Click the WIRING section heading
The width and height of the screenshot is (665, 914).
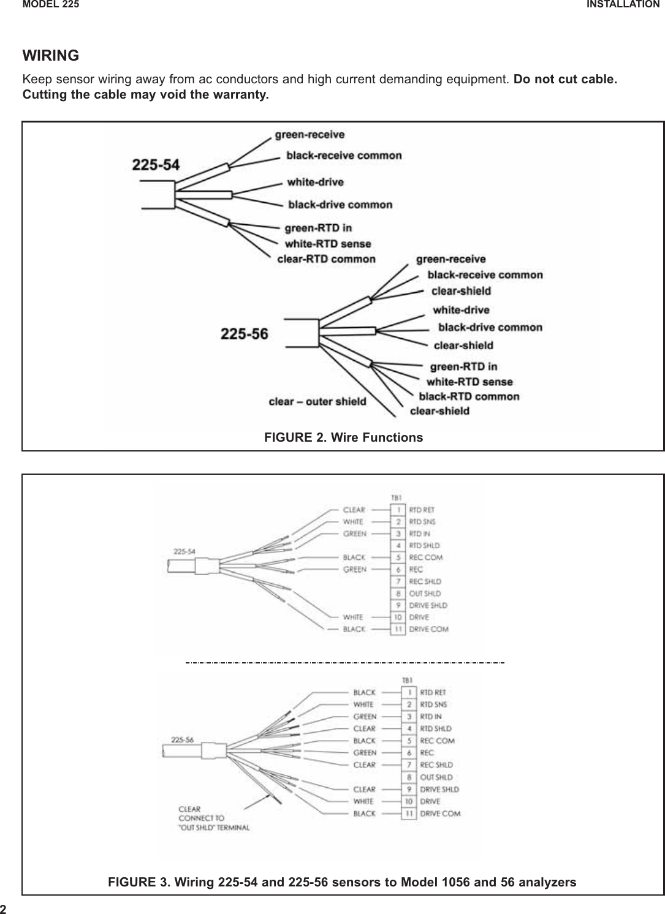click(x=51, y=56)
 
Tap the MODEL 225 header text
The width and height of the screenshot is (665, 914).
click(x=51, y=4)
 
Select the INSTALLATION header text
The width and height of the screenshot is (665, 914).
click(x=623, y=4)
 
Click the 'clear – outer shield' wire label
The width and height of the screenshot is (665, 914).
click(x=317, y=402)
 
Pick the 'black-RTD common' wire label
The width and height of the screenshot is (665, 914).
click(x=469, y=396)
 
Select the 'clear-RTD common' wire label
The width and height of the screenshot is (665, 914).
click(x=326, y=259)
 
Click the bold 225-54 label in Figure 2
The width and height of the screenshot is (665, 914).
click(x=156, y=165)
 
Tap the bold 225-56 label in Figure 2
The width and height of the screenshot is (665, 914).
click(x=244, y=334)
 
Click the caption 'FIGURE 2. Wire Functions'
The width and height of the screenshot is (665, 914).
click(x=343, y=437)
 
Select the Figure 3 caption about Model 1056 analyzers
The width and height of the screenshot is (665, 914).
click(x=342, y=882)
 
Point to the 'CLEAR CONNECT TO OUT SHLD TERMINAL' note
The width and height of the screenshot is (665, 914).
click(x=213, y=818)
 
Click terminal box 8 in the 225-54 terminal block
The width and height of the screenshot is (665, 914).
click(x=398, y=593)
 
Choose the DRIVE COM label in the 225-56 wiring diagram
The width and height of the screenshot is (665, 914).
click(x=440, y=814)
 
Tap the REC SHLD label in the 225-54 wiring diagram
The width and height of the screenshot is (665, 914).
click(x=425, y=581)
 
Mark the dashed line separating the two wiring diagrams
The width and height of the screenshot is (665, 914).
click(x=344, y=663)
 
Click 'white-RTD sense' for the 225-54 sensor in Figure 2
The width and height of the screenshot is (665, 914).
click(x=328, y=244)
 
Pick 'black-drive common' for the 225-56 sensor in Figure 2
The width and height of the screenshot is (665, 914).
click(x=490, y=327)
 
